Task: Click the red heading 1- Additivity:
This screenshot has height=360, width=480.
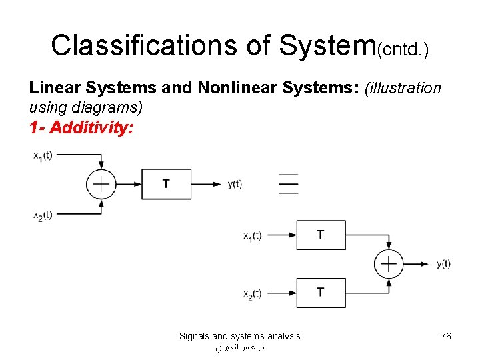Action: click(x=81, y=127)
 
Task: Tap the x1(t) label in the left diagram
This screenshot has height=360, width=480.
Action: click(x=43, y=155)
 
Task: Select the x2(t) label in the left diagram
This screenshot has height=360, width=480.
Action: click(x=43, y=214)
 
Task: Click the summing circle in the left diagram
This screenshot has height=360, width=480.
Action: click(x=101, y=184)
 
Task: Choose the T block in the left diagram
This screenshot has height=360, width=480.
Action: click(x=166, y=184)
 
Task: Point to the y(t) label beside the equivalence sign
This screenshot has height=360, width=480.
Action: click(x=235, y=184)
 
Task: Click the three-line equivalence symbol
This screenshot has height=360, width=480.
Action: click(x=289, y=184)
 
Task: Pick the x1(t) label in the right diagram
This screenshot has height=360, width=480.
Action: click(x=253, y=235)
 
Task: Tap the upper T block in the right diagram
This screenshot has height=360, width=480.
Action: click(x=321, y=235)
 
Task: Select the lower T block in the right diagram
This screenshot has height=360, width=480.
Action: click(x=321, y=293)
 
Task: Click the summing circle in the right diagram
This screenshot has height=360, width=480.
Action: click(x=389, y=264)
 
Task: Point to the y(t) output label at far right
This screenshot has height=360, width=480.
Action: click(x=443, y=264)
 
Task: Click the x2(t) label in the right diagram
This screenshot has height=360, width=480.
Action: click(x=253, y=293)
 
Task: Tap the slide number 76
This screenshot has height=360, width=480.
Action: click(x=446, y=336)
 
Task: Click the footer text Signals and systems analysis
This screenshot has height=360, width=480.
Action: click(x=239, y=336)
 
